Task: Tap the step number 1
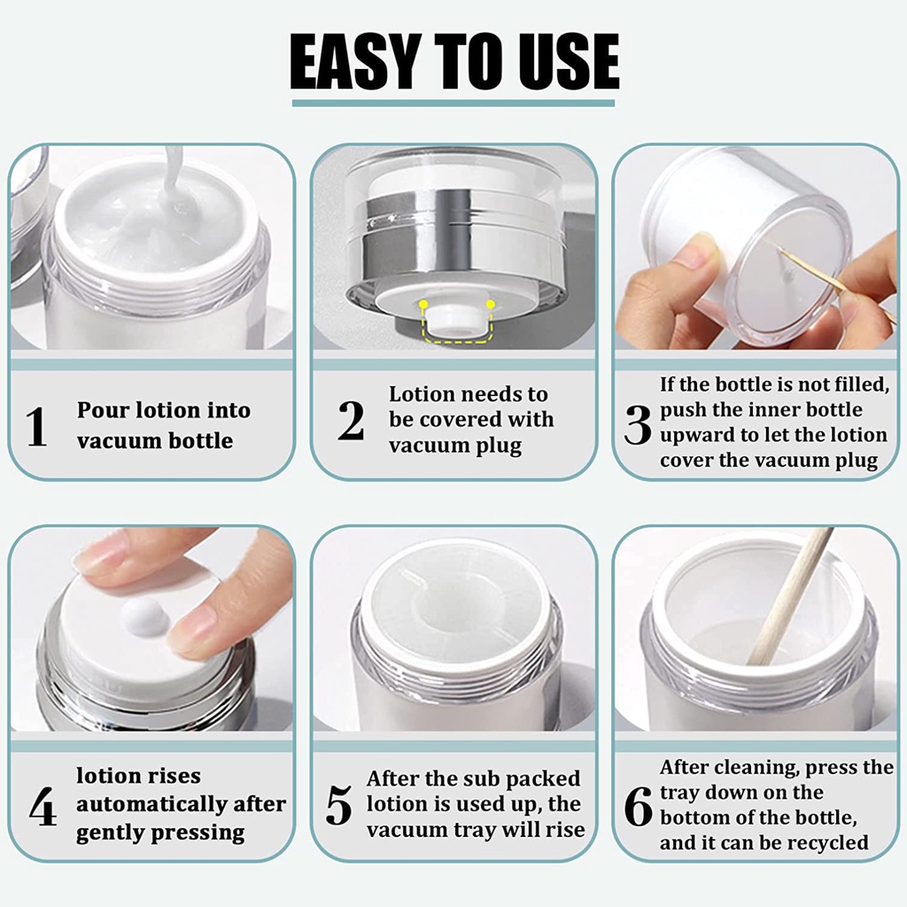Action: (x=35, y=426)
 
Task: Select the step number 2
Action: (x=351, y=421)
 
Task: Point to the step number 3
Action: (x=638, y=424)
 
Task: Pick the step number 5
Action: (x=339, y=804)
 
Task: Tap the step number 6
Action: (x=638, y=806)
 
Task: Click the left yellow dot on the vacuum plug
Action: (x=424, y=304)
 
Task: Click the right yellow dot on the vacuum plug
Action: (x=491, y=304)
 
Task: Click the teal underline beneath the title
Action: (x=453, y=103)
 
